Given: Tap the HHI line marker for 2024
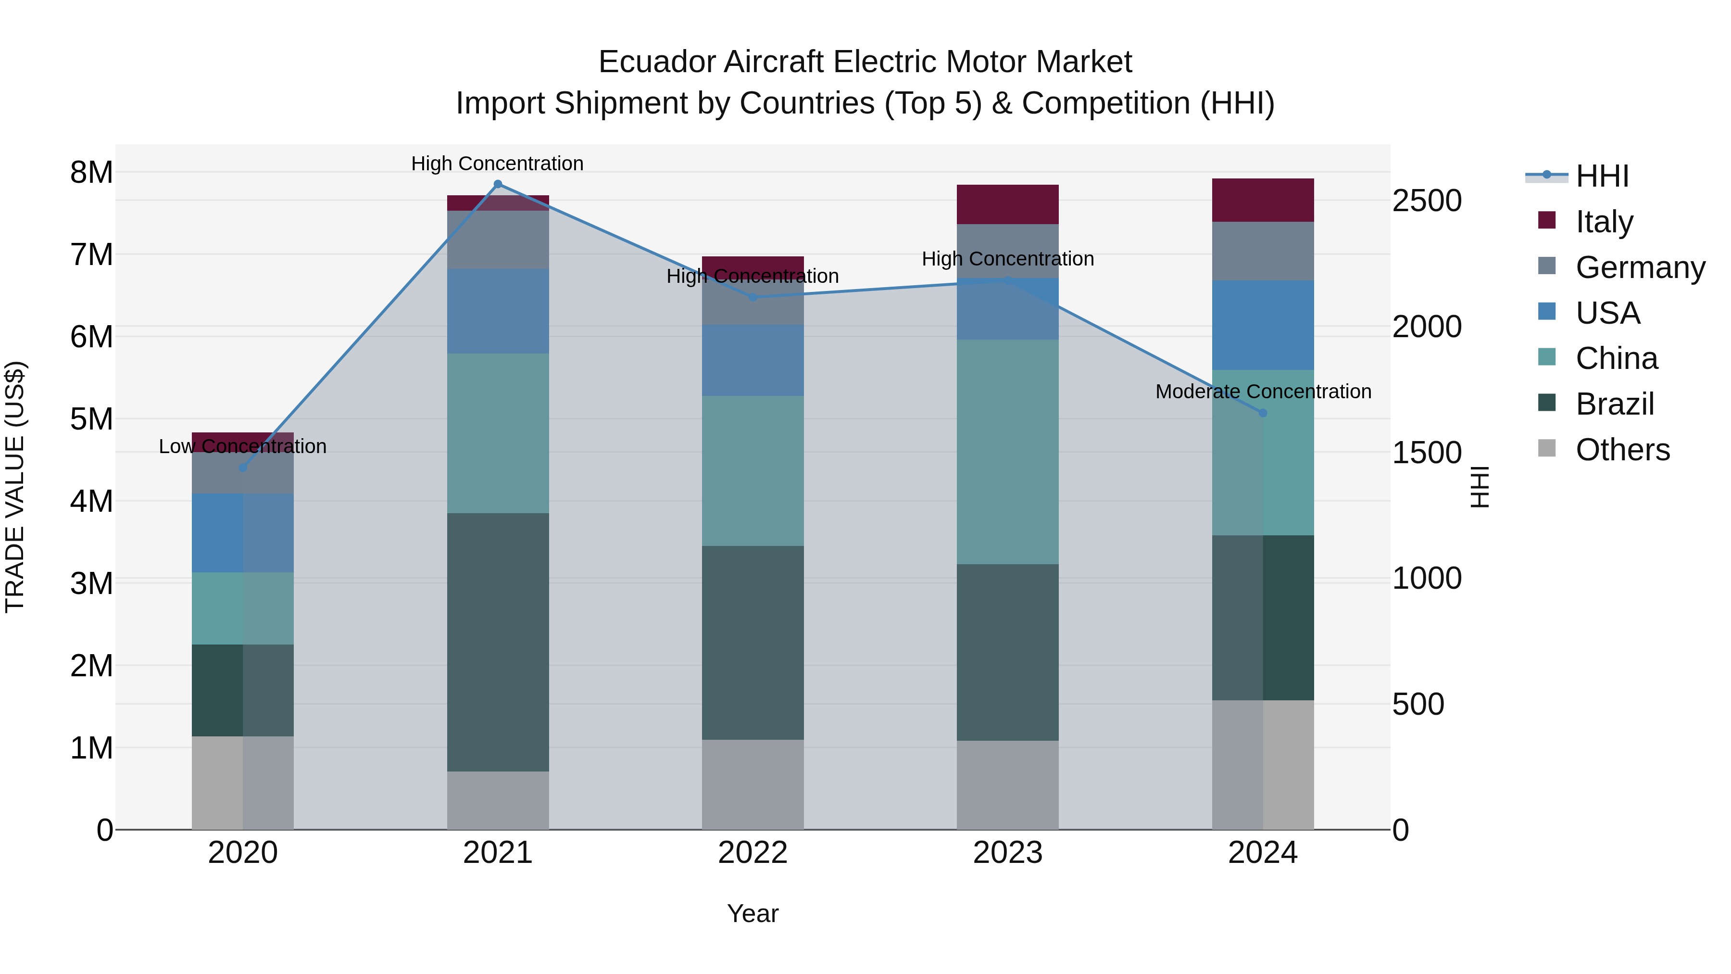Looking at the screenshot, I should coord(1263,413).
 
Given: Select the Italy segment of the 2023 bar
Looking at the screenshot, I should coord(1007,204).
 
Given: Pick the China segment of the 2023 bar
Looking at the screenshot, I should coord(1007,452).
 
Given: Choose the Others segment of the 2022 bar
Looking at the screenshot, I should coord(753,784).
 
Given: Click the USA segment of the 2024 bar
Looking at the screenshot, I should coord(1263,325).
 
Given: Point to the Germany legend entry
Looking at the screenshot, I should coord(1640,267).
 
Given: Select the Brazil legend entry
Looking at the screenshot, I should coord(1614,404).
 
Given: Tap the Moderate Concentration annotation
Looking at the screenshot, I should coord(1263,391).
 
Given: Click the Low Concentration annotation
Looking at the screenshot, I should coord(243,446).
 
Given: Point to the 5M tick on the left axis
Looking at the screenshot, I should coord(91,419).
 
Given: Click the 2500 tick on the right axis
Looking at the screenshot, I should coord(1427,201).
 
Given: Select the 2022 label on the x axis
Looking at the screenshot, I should coord(753,853).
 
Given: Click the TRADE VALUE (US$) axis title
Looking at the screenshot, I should coord(15,487).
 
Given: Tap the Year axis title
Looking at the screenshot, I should coord(753,913).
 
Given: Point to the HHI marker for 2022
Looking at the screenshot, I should coord(753,297).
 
